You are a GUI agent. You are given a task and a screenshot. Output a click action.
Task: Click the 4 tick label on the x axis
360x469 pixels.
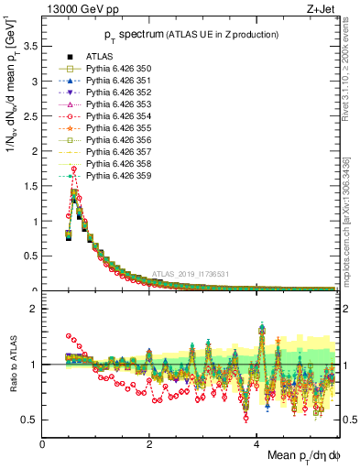coord(256,443)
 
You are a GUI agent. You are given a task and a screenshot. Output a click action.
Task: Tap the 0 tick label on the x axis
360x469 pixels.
coord(42,443)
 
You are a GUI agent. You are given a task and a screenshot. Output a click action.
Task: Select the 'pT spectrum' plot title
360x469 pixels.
coord(174,35)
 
